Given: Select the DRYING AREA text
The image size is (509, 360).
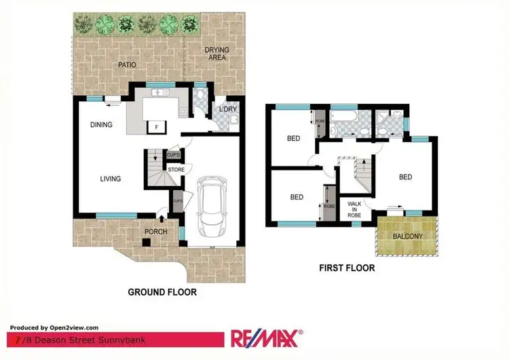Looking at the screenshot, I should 217,54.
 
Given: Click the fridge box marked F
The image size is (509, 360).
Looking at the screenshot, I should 157,126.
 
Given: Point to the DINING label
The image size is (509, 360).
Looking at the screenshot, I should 101,124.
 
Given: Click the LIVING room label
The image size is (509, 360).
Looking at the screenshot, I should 110,179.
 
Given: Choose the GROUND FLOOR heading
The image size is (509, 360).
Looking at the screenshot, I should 162,292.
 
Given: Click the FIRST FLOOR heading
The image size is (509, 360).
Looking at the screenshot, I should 347,268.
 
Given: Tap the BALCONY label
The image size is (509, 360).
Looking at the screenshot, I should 407,236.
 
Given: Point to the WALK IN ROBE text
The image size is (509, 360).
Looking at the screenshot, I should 354,209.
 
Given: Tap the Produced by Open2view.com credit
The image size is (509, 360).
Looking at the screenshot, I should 54,327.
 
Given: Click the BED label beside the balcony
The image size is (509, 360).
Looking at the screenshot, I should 405,177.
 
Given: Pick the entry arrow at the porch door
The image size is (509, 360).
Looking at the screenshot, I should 160,217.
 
